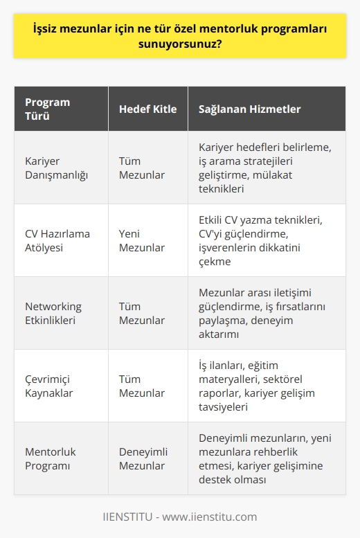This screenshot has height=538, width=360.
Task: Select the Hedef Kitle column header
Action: pyautogui.click(x=147, y=109)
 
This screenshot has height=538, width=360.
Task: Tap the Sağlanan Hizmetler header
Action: pyautogui.click(x=249, y=109)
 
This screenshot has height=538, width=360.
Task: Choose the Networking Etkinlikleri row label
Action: pyautogui.click(x=53, y=313)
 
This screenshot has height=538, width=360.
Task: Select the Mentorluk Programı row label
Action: pyautogui.click(x=51, y=458)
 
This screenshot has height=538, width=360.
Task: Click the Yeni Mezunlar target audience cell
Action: pyautogui.click(x=142, y=240)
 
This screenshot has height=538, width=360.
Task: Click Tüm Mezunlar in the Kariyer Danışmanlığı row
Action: pyautogui.click(x=142, y=168)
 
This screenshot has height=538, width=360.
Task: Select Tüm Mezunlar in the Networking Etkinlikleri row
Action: pyautogui.click(x=142, y=313)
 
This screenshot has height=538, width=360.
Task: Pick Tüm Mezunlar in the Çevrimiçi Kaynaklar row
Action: pyautogui.click(x=142, y=386)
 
